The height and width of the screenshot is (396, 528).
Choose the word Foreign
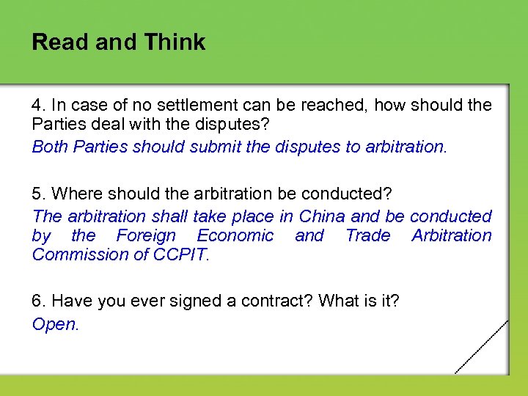(147, 235)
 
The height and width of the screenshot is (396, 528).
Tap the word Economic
(235, 235)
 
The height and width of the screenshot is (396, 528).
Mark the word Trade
(368, 235)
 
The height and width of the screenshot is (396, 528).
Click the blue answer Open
(54, 324)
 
